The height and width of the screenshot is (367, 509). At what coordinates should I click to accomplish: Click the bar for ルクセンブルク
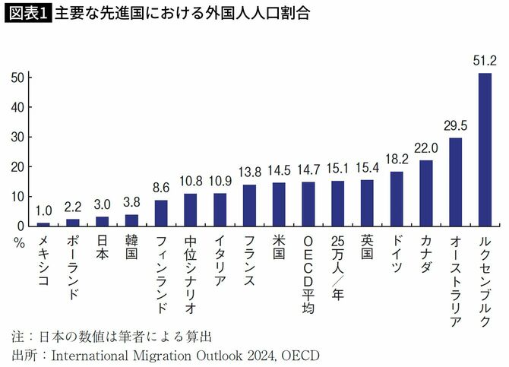pyautogui.click(x=485, y=150)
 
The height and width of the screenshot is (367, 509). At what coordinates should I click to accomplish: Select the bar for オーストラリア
pyautogui.click(x=456, y=182)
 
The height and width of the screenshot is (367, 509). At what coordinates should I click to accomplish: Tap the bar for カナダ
pyautogui.click(x=426, y=193)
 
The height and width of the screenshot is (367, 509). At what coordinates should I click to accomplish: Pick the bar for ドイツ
pyautogui.click(x=397, y=198)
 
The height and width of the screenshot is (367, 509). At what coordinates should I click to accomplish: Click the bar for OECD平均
pyautogui.click(x=308, y=204)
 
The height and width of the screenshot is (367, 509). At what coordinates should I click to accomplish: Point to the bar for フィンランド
pyautogui.click(x=161, y=213)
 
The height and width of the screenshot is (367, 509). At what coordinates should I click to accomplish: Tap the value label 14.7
pyautogui.click(x=308, y=171)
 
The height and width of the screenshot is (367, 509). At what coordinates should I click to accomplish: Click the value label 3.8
pyautogui.click(x=131, y=203)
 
